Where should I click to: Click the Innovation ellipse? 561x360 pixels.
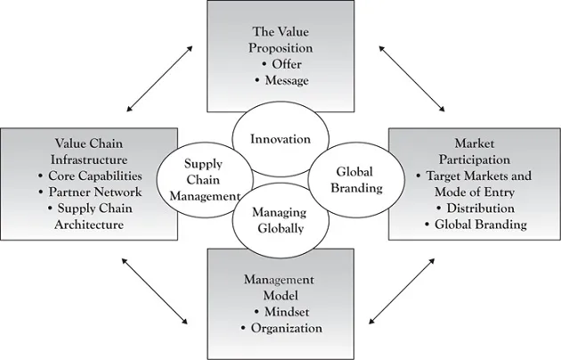click(x=280, y=140)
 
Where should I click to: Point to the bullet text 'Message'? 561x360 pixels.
click(x=281, y=80)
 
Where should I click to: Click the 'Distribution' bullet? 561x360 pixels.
click(x=475, y=208)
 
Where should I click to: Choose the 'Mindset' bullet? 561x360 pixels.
click(x=281, y=312)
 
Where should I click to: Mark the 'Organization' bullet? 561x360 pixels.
click(x=281, y=328)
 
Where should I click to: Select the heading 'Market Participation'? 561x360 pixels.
click(x=475, y=151)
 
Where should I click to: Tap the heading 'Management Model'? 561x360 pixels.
click(x=281, y=287)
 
